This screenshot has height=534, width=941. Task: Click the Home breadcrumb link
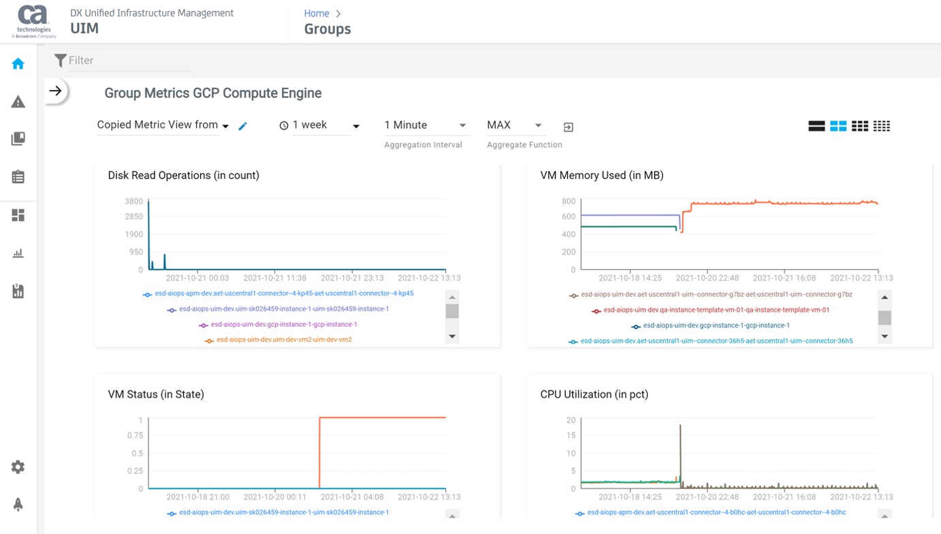[x=317, y=14]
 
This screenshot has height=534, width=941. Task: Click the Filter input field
[x=129, y=61]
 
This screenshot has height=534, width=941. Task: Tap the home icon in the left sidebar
[x=18, y=64]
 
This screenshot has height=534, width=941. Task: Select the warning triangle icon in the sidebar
[x=18, y=102]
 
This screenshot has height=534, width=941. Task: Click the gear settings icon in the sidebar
[x=18, y=467]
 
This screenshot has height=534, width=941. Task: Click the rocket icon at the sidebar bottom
[x=18, y=504]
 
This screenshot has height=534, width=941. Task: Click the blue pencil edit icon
[x=242, y=126]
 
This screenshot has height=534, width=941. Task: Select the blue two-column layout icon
[x=838, y=126]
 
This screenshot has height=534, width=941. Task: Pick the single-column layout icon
[x=816, y=126]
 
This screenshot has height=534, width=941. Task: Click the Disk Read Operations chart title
[x=183, y=176]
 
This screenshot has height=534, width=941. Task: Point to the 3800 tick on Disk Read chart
[x=134, y=202]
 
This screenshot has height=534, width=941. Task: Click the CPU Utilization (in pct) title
[x=594, y=394]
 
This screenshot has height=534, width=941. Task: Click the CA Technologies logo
[x=34, y=21]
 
